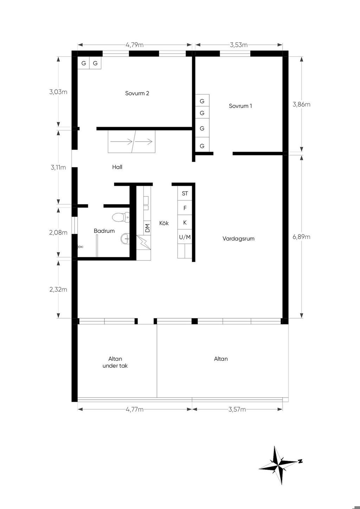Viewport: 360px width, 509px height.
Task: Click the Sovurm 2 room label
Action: coord(137,93)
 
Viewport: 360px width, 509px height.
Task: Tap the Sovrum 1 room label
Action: coord(240,106)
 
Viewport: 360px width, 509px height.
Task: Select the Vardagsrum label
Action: coord(238,239)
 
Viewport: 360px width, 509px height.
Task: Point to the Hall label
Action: coord(117,167)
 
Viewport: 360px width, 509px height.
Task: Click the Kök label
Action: coord(164,223)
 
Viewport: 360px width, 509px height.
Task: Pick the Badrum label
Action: coord(104,231)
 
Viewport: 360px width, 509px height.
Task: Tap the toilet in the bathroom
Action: coord(121,217)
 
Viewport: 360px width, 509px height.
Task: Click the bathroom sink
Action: coord(125,239)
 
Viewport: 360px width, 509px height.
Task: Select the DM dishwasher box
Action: coord(147,228)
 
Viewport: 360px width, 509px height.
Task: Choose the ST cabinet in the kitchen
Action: coord(185,193)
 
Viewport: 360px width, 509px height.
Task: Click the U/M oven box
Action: coord(185,237)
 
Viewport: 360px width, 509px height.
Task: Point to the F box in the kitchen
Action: coord(185,208)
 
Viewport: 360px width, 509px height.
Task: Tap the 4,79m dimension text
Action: coord(135,45)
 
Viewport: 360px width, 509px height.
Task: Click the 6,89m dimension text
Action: coord(301,237)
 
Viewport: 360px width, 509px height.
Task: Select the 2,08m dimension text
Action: coord(58,232)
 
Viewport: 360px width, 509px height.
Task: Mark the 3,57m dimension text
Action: coord(237,410)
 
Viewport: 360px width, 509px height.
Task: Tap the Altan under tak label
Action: coord(115,362)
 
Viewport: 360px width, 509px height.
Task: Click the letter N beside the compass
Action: coord(300,461)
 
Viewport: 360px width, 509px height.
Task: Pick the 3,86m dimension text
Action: coord(301,104)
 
